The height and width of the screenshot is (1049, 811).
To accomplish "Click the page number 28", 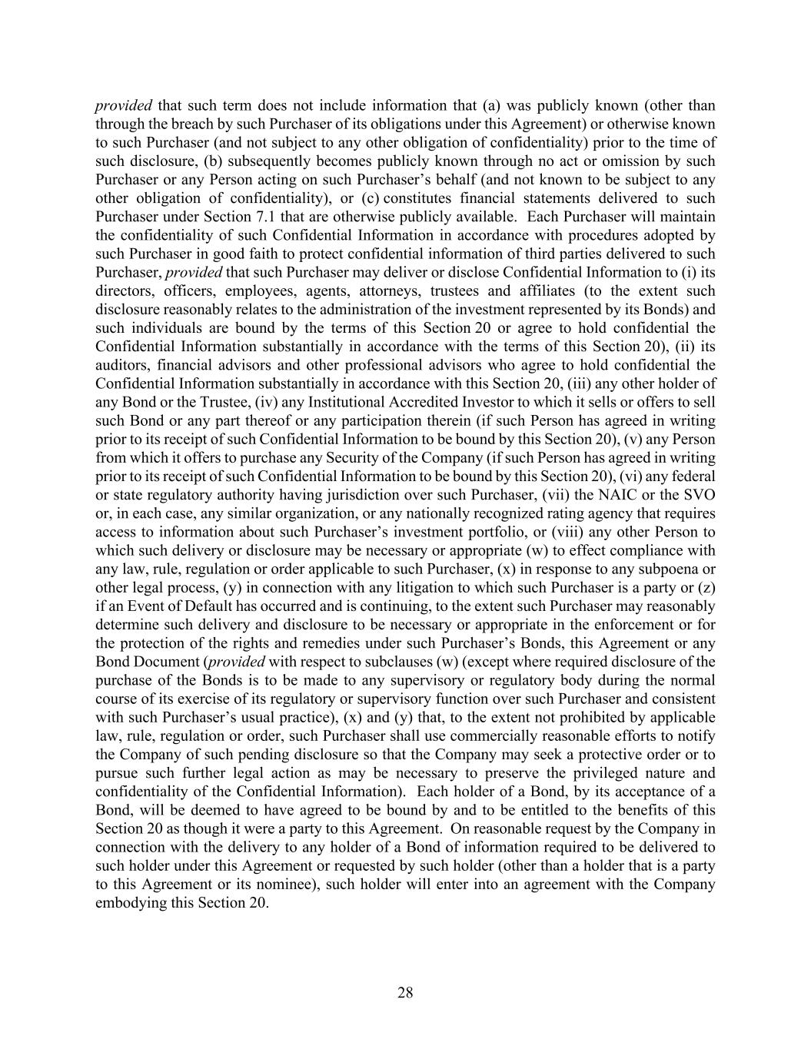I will (x=405, y=993).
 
